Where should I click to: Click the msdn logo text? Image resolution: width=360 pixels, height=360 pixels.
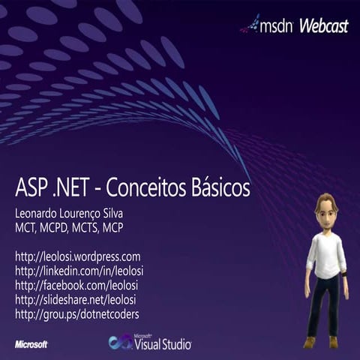(x=277, y=27)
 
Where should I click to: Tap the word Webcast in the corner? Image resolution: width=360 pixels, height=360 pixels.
(x=324, y=26)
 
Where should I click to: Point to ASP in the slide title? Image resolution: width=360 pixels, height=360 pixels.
(x=32, y=187)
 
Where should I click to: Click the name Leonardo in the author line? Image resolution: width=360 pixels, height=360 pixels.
(x=40, y=213)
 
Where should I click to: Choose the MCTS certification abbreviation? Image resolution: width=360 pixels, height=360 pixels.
(x=97, y=226)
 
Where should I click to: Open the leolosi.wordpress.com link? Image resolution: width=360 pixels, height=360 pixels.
(x=77, y=256)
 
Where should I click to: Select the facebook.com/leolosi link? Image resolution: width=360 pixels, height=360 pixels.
(x=76, y=285)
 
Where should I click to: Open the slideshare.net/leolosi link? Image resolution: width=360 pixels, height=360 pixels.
(x=78, y=299)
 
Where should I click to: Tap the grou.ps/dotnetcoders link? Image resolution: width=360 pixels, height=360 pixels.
(x=76, y=313)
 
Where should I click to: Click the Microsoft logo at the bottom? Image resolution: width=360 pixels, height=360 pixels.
(x=31, y=344)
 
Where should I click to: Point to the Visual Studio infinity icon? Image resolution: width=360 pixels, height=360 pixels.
(x=120, y=342)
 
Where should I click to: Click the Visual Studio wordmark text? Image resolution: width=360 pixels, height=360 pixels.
(x=163, y=344)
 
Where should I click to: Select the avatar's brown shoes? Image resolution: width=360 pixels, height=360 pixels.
(x=321, y=341)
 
